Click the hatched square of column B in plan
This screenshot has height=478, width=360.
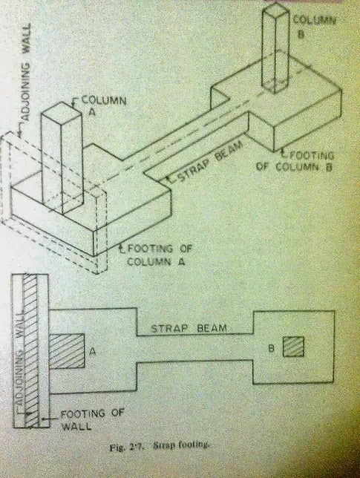293,347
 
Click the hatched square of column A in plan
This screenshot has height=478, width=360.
67,351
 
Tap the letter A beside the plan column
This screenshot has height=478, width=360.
93,352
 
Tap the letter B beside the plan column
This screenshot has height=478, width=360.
271,348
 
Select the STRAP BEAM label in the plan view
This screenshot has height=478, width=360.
189,328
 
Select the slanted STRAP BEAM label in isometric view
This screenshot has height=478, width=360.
210,161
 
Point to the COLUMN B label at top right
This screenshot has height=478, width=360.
314,26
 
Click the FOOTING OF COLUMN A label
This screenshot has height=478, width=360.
158,255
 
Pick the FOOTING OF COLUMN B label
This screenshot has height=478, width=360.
295,162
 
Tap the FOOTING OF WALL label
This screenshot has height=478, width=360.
92,420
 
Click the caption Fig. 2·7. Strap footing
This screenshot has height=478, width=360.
160,446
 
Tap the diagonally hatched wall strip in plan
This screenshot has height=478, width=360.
32,350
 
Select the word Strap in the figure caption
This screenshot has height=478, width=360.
163,445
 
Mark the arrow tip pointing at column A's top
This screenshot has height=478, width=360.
73,105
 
